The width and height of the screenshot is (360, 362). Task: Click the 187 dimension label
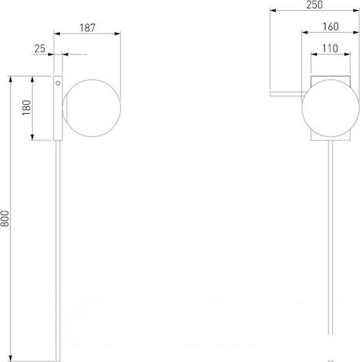(88, 28)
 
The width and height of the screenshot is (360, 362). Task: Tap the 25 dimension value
(39, 49)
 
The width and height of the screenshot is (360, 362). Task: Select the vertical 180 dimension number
(26, 108)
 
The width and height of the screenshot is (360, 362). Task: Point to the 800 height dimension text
(5, 219)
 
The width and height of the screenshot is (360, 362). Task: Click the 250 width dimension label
(315, 5)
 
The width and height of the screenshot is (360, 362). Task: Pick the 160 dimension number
(330, 26)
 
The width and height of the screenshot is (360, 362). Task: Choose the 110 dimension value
(330, 49)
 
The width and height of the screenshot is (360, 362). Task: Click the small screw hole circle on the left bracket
(58, 83)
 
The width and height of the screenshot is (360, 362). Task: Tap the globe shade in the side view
(91, 109)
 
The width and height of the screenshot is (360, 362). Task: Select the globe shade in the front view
(330, 109)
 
